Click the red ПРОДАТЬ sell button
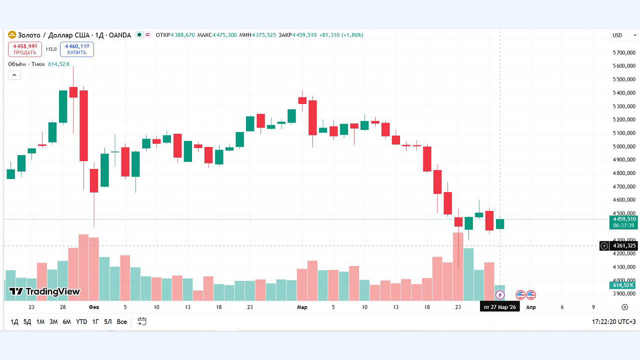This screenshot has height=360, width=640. pyautogui.click(x=25, y=49)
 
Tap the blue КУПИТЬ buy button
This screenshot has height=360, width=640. pyautogui.click(x=76, y=49)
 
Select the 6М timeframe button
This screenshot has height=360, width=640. pyautogui.click(x=66, y=321)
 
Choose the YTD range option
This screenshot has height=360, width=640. pyautogui.click(x=81, y=321)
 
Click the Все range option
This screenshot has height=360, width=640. pyautogui.click(x=121, y=321)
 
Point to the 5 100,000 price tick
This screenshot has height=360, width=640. pyautogui.click(x=624, y=133)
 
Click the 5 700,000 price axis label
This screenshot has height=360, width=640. pyautogui.click(x=624, y=52)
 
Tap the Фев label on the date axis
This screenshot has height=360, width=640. pyautogui.click(x=94, y=307)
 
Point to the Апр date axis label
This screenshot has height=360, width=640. pyautogui.click(x=531, y=307)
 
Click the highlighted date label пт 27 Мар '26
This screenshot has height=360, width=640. pyautogui.click(x=500, y=307)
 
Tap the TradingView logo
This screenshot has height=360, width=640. pyautogui.click(x=44, y=291)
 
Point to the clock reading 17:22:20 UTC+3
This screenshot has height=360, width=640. pyautogui.click(x=613, y=321)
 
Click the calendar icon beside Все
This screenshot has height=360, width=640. pyautogui.click(x=142, y=321)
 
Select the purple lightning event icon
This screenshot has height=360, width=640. pyautogui.click(x=500, y=295)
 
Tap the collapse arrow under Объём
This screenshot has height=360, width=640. pyautogui.click(x=14, y=75)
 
